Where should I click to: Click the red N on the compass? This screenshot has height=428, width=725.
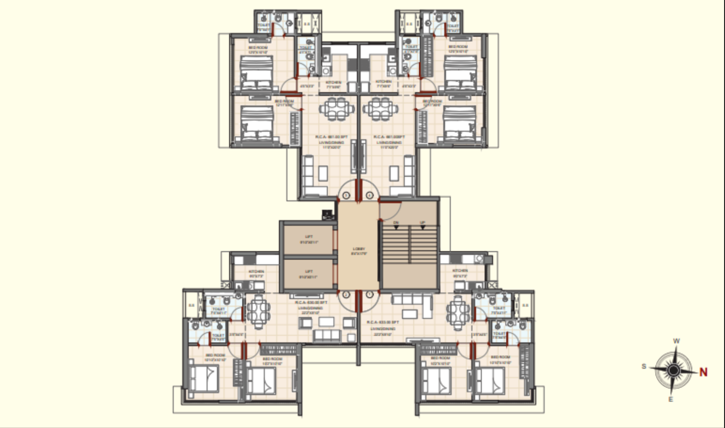[x=703, y=372]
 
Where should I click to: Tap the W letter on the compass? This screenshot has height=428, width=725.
[x=676, y=341]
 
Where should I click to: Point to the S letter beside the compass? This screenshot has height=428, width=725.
[x=644, y=366]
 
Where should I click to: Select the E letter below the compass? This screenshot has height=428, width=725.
[x=671, y=399]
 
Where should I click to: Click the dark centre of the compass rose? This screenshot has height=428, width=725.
[x=673, y=370]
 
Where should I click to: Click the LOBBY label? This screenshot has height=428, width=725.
[x=359, y=249]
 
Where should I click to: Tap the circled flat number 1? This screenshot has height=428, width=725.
[x=369, y=294]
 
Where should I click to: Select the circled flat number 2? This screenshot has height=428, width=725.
[x=346, y=295]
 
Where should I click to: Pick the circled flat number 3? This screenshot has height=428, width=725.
[x=346, y=195]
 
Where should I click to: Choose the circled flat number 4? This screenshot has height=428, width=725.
[x=369, y=195]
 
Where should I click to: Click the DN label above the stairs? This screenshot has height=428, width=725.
[x=396, y=223]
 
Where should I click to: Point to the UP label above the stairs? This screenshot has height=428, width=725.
[x=422, y=223]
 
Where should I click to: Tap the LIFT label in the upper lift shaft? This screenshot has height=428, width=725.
[x=309, y=237]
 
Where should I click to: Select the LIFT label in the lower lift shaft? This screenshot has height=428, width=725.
[x=309, y=271]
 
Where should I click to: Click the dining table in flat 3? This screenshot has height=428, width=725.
[x=337, y=109]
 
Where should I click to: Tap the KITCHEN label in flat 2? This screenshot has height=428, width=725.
[x=256, y=271]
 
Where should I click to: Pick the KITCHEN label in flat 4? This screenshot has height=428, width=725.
[x=384, y=82]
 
